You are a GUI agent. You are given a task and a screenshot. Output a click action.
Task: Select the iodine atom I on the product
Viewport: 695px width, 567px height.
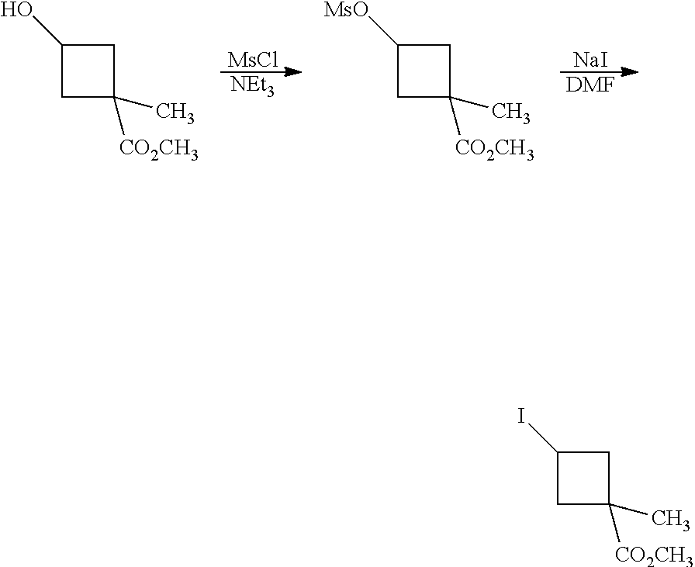[x=522, y=419]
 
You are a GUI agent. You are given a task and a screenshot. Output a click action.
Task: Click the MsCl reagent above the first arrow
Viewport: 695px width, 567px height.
[x=253, y=60]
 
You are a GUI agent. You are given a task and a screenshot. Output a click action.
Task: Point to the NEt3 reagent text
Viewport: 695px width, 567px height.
[x=251, y=86]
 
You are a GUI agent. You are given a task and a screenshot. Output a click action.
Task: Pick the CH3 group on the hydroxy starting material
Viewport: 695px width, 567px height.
[x=175, y=113]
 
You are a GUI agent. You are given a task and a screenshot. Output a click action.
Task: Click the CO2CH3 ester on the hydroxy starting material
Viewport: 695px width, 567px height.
[x=158, y=150]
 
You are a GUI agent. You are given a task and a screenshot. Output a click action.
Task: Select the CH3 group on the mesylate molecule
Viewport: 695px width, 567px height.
[x=511, y=113]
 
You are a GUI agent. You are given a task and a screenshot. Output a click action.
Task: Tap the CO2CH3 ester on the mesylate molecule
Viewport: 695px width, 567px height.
[x=494, y=150]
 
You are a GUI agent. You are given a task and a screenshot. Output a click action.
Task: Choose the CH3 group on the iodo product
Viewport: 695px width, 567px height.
[x=671, y=518]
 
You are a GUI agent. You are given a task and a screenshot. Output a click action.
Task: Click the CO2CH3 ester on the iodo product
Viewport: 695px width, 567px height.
[x=653, y=555]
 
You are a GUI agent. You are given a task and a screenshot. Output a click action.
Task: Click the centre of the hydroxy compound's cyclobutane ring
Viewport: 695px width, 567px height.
[x=88, y=71]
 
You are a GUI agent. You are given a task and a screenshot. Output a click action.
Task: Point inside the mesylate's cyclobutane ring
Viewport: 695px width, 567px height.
[x=424, y=71]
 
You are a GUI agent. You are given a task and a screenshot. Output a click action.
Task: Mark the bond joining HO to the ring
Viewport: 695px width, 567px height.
[x=47, y=33]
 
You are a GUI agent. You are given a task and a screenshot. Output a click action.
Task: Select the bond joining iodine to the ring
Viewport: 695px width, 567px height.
[x=544, y=439]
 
